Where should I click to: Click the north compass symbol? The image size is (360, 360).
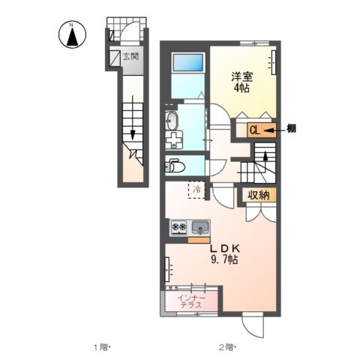tap(71, 34)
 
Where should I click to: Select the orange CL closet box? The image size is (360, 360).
tap(254, 130)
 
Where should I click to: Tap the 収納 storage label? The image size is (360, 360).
tap(259, 195)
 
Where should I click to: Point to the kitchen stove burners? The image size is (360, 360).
tap(179, 226)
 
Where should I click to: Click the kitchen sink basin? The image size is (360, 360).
tap(201, 226)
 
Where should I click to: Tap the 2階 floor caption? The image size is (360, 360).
tap(227, 346)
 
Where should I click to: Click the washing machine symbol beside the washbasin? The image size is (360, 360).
tap(174, 139)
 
